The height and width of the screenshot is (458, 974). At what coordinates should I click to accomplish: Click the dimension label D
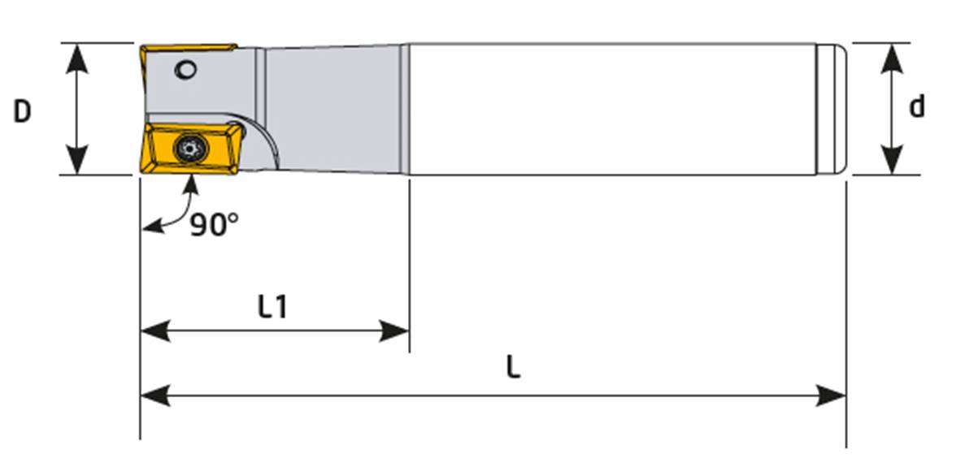(x=22, y=112)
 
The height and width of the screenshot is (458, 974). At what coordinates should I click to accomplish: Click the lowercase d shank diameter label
(x=916, y=106)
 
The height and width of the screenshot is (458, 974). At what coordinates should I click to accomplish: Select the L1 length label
(x=273, y=306)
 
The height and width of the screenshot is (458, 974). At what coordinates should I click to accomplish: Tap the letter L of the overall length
(x=512, y=368)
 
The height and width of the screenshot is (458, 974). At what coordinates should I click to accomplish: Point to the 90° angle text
(x=214, y=225)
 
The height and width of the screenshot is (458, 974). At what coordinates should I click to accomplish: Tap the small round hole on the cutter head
(x=185, y=70)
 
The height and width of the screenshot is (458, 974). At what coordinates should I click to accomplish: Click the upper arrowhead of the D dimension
(x=77, y=58)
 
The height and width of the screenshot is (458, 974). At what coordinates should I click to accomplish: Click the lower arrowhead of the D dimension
(x=77, y=159)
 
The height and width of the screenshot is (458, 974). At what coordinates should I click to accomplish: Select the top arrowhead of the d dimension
(x=892, y=58)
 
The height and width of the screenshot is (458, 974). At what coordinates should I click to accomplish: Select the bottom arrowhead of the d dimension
(x=892, y=159)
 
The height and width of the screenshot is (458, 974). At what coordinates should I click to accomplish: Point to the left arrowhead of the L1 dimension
(x=154, y=331)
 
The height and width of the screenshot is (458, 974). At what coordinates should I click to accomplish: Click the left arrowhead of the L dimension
(x=154, y=395)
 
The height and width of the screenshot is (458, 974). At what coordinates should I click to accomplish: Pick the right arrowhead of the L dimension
(x=831, y=395)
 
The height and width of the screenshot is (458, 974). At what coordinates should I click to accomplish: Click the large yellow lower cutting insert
(x=189, y=149)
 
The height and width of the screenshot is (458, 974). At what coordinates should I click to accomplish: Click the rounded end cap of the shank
(x=832, y=110)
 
